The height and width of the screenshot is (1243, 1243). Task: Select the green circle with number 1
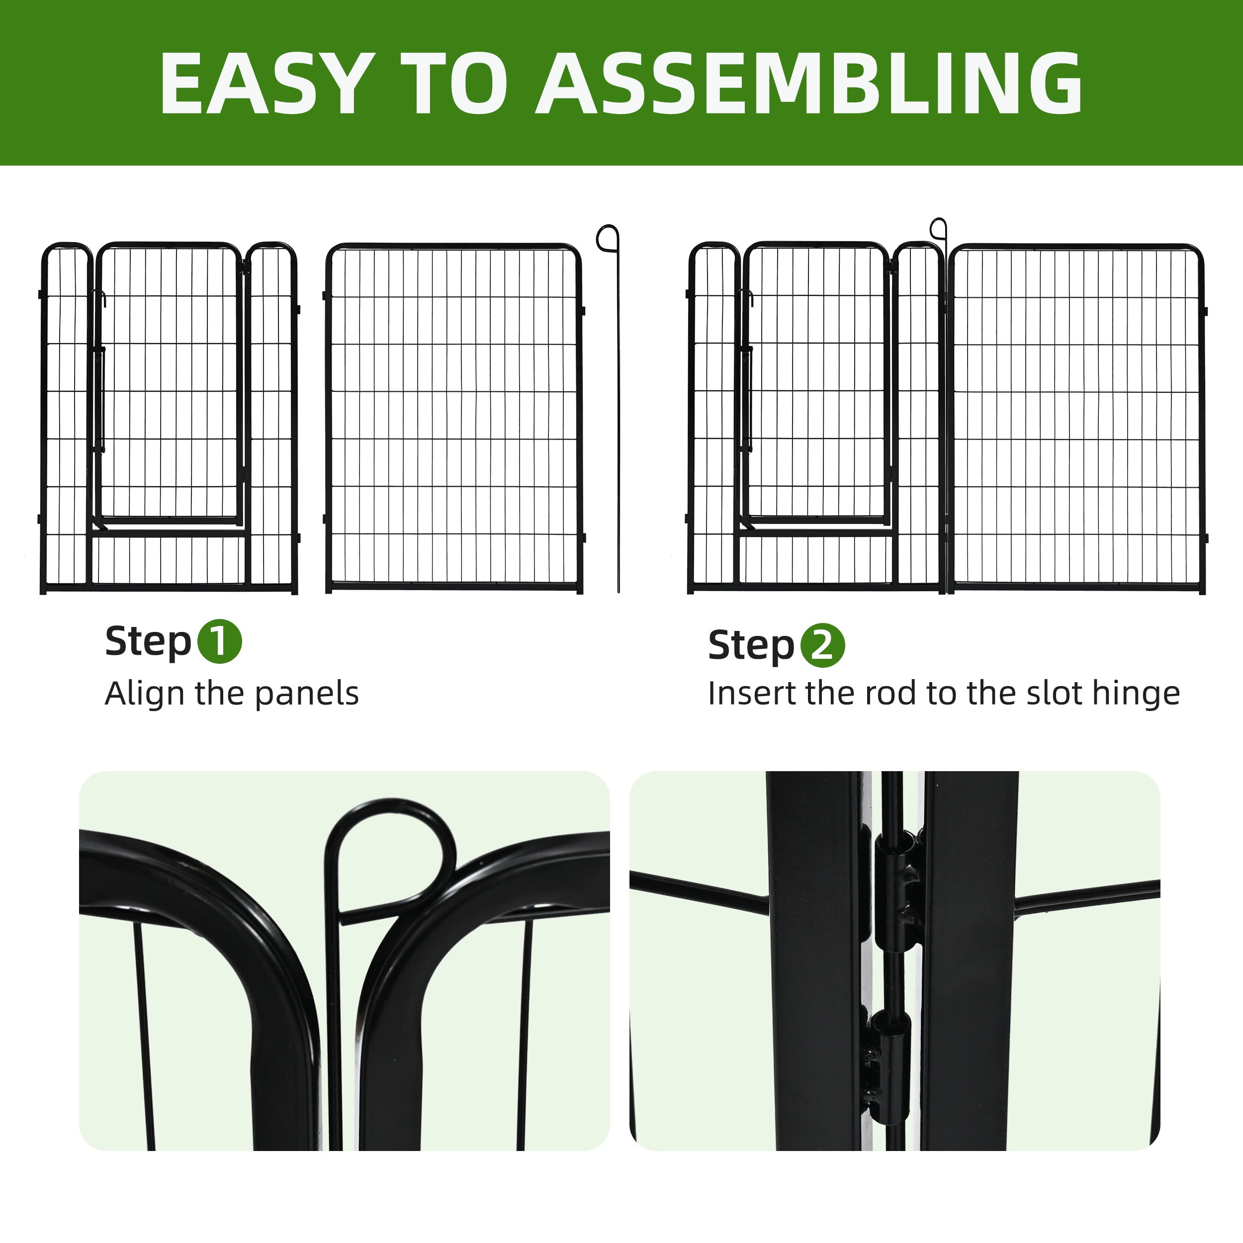pos(219,641)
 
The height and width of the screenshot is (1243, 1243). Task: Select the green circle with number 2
pos(822,645)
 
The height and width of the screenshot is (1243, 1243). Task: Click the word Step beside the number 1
pos(148,642)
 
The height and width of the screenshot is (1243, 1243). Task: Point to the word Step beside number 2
pos(751,646)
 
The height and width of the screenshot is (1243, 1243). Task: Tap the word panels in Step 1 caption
pos(307,694)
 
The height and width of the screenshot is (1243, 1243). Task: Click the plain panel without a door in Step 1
pos(454,418)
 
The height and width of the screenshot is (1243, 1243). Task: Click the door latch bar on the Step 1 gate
pos(100,399)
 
